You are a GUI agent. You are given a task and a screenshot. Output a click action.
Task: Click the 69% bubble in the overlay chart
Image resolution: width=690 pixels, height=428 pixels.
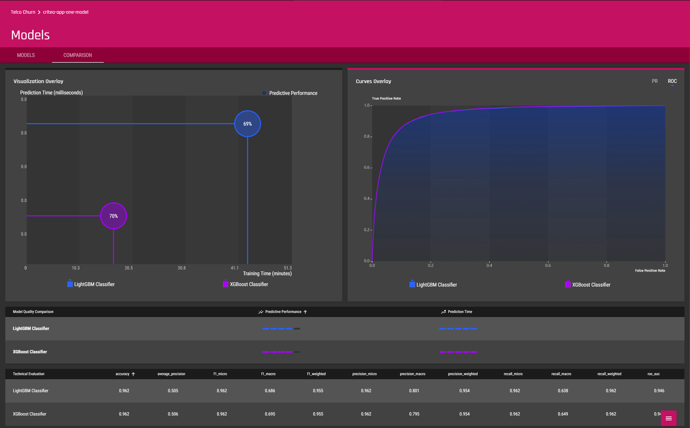pos(247,124)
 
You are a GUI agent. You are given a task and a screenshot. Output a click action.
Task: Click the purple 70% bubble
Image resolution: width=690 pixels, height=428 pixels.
pos(113,216)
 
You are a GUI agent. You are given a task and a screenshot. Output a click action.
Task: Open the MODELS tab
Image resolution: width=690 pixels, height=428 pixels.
pos(26,55)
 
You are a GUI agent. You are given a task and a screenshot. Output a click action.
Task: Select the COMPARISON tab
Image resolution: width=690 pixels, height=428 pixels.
pos(78,55)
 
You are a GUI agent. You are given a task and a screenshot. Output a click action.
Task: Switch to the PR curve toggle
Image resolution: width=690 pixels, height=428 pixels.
pos(655,81)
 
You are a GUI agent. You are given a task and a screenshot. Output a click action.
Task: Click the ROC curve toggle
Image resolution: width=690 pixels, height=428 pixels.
pos(672,81)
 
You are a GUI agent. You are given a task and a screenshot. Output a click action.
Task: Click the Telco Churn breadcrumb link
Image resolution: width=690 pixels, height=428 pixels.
pos(23,12)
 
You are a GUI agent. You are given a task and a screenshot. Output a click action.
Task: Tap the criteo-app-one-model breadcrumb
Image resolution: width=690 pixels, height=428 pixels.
pos(66,12)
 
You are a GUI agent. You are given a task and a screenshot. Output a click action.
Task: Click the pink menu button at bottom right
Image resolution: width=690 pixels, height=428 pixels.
pos(668,418)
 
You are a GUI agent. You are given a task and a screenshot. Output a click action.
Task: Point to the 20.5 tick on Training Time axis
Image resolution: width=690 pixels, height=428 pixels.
pos(129,268)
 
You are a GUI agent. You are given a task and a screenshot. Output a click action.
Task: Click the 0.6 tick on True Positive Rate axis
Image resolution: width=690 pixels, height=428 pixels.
pos(367,168)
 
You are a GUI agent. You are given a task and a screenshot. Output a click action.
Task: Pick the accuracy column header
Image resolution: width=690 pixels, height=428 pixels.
pos(123,374)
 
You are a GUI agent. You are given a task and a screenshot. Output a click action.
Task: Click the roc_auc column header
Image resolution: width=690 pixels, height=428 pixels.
pos(654,374)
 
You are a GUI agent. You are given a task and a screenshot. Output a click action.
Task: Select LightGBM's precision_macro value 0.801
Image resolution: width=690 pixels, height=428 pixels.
pos(414,391)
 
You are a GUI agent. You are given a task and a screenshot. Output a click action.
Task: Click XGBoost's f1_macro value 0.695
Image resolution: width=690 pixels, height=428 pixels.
pos(270,414)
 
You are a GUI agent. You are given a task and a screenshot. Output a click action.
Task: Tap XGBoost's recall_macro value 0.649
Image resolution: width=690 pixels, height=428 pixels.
pos(563,414)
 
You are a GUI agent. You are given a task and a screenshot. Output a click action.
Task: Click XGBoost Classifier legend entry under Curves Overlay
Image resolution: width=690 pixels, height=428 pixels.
pos(588,285)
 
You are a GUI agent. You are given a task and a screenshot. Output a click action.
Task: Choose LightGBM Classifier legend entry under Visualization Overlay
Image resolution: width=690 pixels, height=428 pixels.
pos(91,284)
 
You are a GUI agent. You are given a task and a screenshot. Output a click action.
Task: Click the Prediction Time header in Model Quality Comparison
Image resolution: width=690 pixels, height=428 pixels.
pos(460,312)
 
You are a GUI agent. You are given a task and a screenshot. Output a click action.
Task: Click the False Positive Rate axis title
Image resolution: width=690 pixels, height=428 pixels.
pos(650,270)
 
